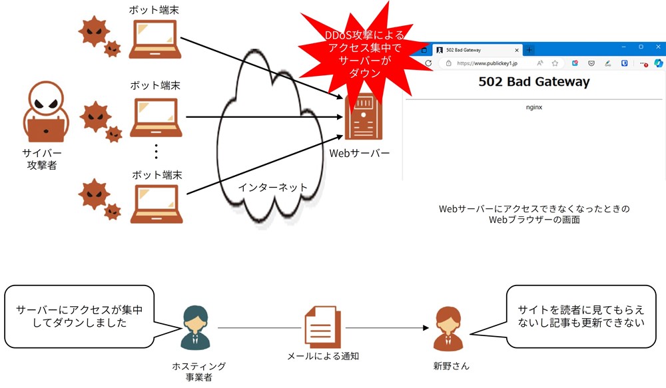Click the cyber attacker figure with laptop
point(46,112)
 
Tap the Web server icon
point(363,116)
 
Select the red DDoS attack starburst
point(364,53)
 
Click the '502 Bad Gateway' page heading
point(534,81)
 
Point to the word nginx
point(534,107)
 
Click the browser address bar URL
point(488,63)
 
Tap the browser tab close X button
point(517,50)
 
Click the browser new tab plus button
point(529,50)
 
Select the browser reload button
point(428,63)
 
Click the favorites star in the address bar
point(555,63)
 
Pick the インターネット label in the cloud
point(272,187)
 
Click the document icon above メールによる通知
point(323,327)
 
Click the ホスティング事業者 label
point(198,371)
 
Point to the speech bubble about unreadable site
point(581,317)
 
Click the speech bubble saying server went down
point(79,317)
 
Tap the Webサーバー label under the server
point(360,153)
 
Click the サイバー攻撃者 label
point(41,159)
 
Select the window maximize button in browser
point(641,47)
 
